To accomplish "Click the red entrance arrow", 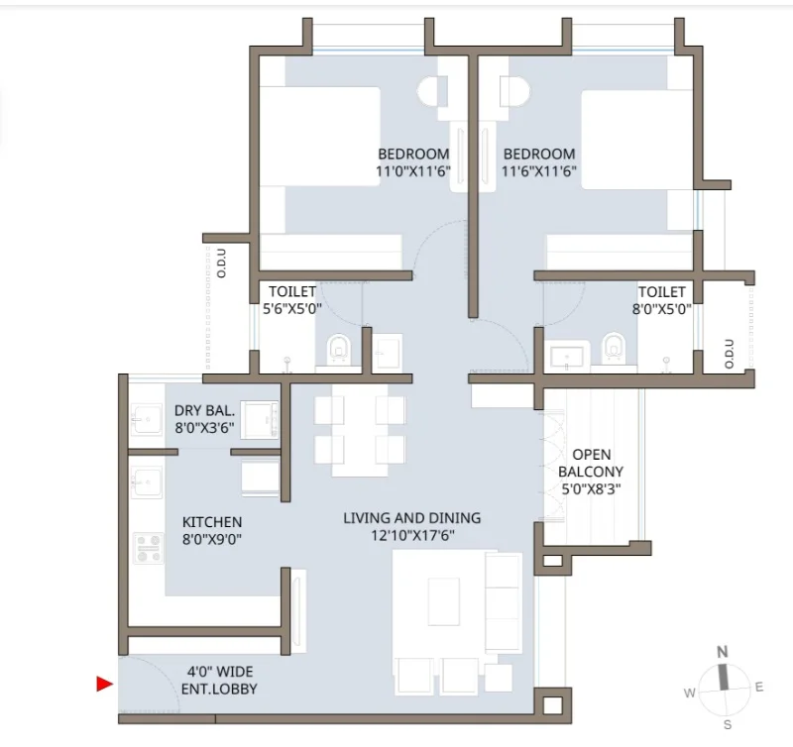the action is point(104,684).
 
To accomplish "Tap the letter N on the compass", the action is point(723,652).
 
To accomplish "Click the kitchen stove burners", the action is point(148,548).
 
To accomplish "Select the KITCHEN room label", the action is point(212,521).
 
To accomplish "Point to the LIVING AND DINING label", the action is point(412,518).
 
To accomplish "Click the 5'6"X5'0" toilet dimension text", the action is point(292,309).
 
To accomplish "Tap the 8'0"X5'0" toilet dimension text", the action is point(661,309).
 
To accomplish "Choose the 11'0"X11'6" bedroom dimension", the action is point(412,171).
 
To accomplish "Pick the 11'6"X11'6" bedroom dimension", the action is point(539,171).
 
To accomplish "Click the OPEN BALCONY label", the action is point(591,463).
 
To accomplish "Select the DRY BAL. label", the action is point(205,410).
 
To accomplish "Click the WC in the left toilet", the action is point(339,349).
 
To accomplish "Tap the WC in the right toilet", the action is point(614,348).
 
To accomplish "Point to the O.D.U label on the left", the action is point(221,264).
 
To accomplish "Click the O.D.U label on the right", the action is point(729,354).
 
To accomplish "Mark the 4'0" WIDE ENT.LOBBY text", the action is point(219,681).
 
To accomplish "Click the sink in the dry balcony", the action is point(147,419).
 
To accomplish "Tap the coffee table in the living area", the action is point(443,601).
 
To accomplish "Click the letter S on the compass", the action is point(728,725).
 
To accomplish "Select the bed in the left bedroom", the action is point(319,137).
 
